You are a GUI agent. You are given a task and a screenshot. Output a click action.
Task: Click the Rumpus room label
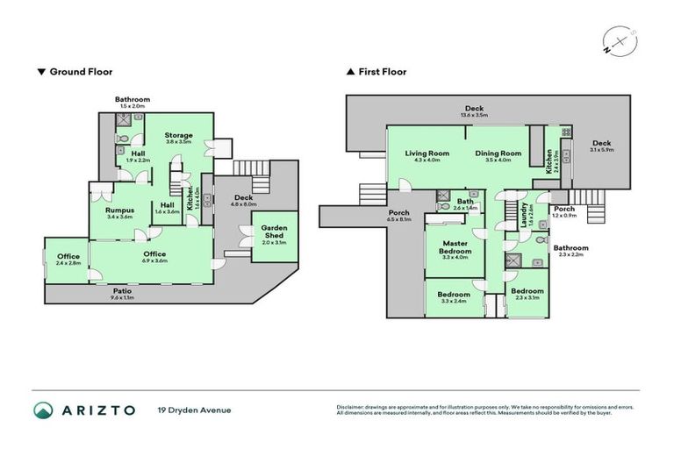[x=118, y=210]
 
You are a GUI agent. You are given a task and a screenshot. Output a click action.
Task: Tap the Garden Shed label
[x=274, y=232]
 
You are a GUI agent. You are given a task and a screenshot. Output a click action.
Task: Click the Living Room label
[x=427, y=153]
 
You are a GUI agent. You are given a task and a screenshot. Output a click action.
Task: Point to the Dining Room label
[x=498, y=153]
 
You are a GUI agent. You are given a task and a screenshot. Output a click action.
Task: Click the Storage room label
[x=179, y=135]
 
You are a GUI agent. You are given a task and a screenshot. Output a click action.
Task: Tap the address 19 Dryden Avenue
[x=194, y=410]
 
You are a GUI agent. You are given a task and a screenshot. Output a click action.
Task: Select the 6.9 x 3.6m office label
[x=154, y=254]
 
